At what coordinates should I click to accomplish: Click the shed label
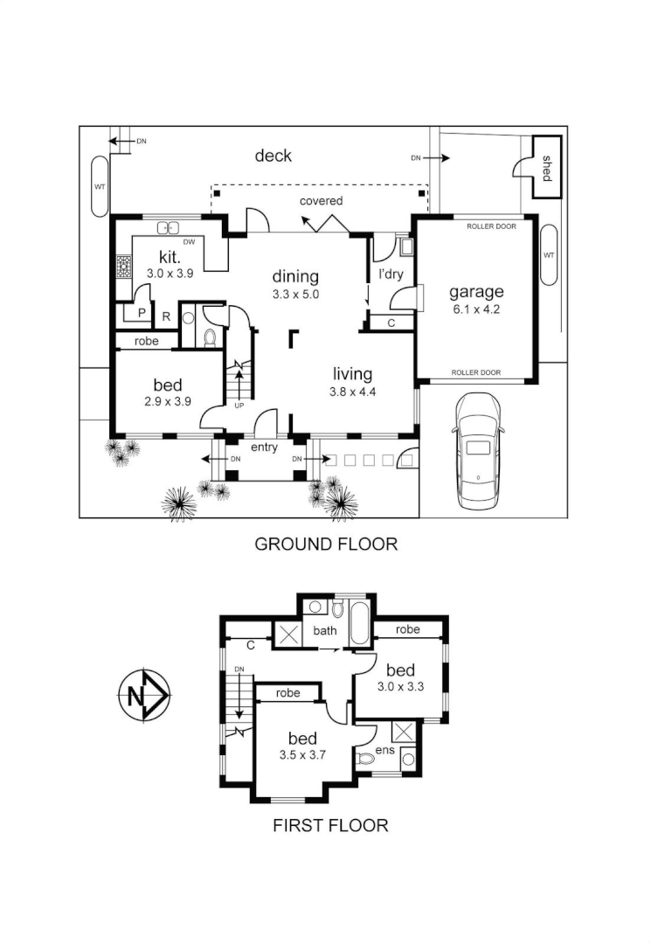pyautogui.click(x=546, y=168)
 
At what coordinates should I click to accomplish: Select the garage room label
pyautogui.click(x=476, y=292)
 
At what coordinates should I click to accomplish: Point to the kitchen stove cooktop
pyautogui.click(x=124, y=266)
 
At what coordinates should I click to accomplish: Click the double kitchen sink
pyautogui.click(x=169, y=227)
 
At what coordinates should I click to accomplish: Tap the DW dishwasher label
pyautogui.click(x=189, y=242)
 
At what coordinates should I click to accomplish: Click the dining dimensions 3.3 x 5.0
pyautogui.click(x=295, y=295)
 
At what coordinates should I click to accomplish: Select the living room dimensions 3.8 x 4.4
pyautogui.click(x=352, y=392)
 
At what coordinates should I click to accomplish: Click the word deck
pyautogui.click(x=274, y=156)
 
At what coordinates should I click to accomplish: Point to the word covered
pyautogui.click(x=322, y=200)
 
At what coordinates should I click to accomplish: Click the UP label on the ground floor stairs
pyautogui.click(x=239, y=406)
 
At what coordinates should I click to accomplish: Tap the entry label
pyautogui.click(x=264, y=448)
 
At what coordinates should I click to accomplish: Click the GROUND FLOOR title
pyautogui.click(x=326, y=544)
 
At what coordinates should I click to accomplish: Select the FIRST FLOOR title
pyautogui.click(x=330, y=824)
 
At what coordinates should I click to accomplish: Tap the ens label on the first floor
pyautogui.click(x=385, y=750)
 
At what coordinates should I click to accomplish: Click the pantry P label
pyautogui.click(x=142, y=313)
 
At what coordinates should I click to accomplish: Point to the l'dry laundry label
pyautogui.click(x=391, y=274)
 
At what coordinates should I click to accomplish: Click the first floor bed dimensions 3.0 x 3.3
pyautogui.click(x=401, y=686)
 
